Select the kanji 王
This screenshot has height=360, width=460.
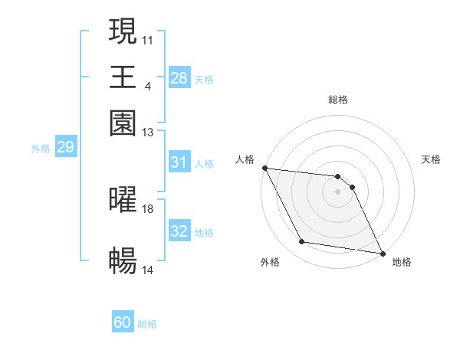pyautogui.click(x=123, y=77)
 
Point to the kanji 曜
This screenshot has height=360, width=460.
pyautogui.click(x=123, y=200)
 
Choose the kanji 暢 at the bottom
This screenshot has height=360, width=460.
pyautogui.click(x=123, y=261)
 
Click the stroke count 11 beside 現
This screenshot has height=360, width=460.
pyautogui.click(x=148, y=39)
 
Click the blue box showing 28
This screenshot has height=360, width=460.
pyautogui.click(x=179, y=77)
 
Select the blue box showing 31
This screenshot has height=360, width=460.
pyautogui.click(x=179, y=162)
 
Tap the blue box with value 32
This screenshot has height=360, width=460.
pyautogui.click(x=179, y=231)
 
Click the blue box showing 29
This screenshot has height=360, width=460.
pyautogui.click(x=65, y=147)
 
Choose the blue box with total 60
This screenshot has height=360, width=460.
pyautogui.click(x=123, y=322)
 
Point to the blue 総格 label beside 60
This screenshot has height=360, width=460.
pyautogui.click(x=148, y=324)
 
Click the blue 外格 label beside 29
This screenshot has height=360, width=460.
pyautogui.click(x=40, y=149)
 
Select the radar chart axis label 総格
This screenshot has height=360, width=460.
pyautogui.click(x=338, y=100)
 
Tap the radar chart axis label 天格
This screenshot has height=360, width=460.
pyautogui.click(x=431, y=159)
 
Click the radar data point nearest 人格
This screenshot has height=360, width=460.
pyautogui.click(x=264, y=168)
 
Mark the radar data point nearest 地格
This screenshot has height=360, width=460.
pyautogui.click(x=381, y=253)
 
